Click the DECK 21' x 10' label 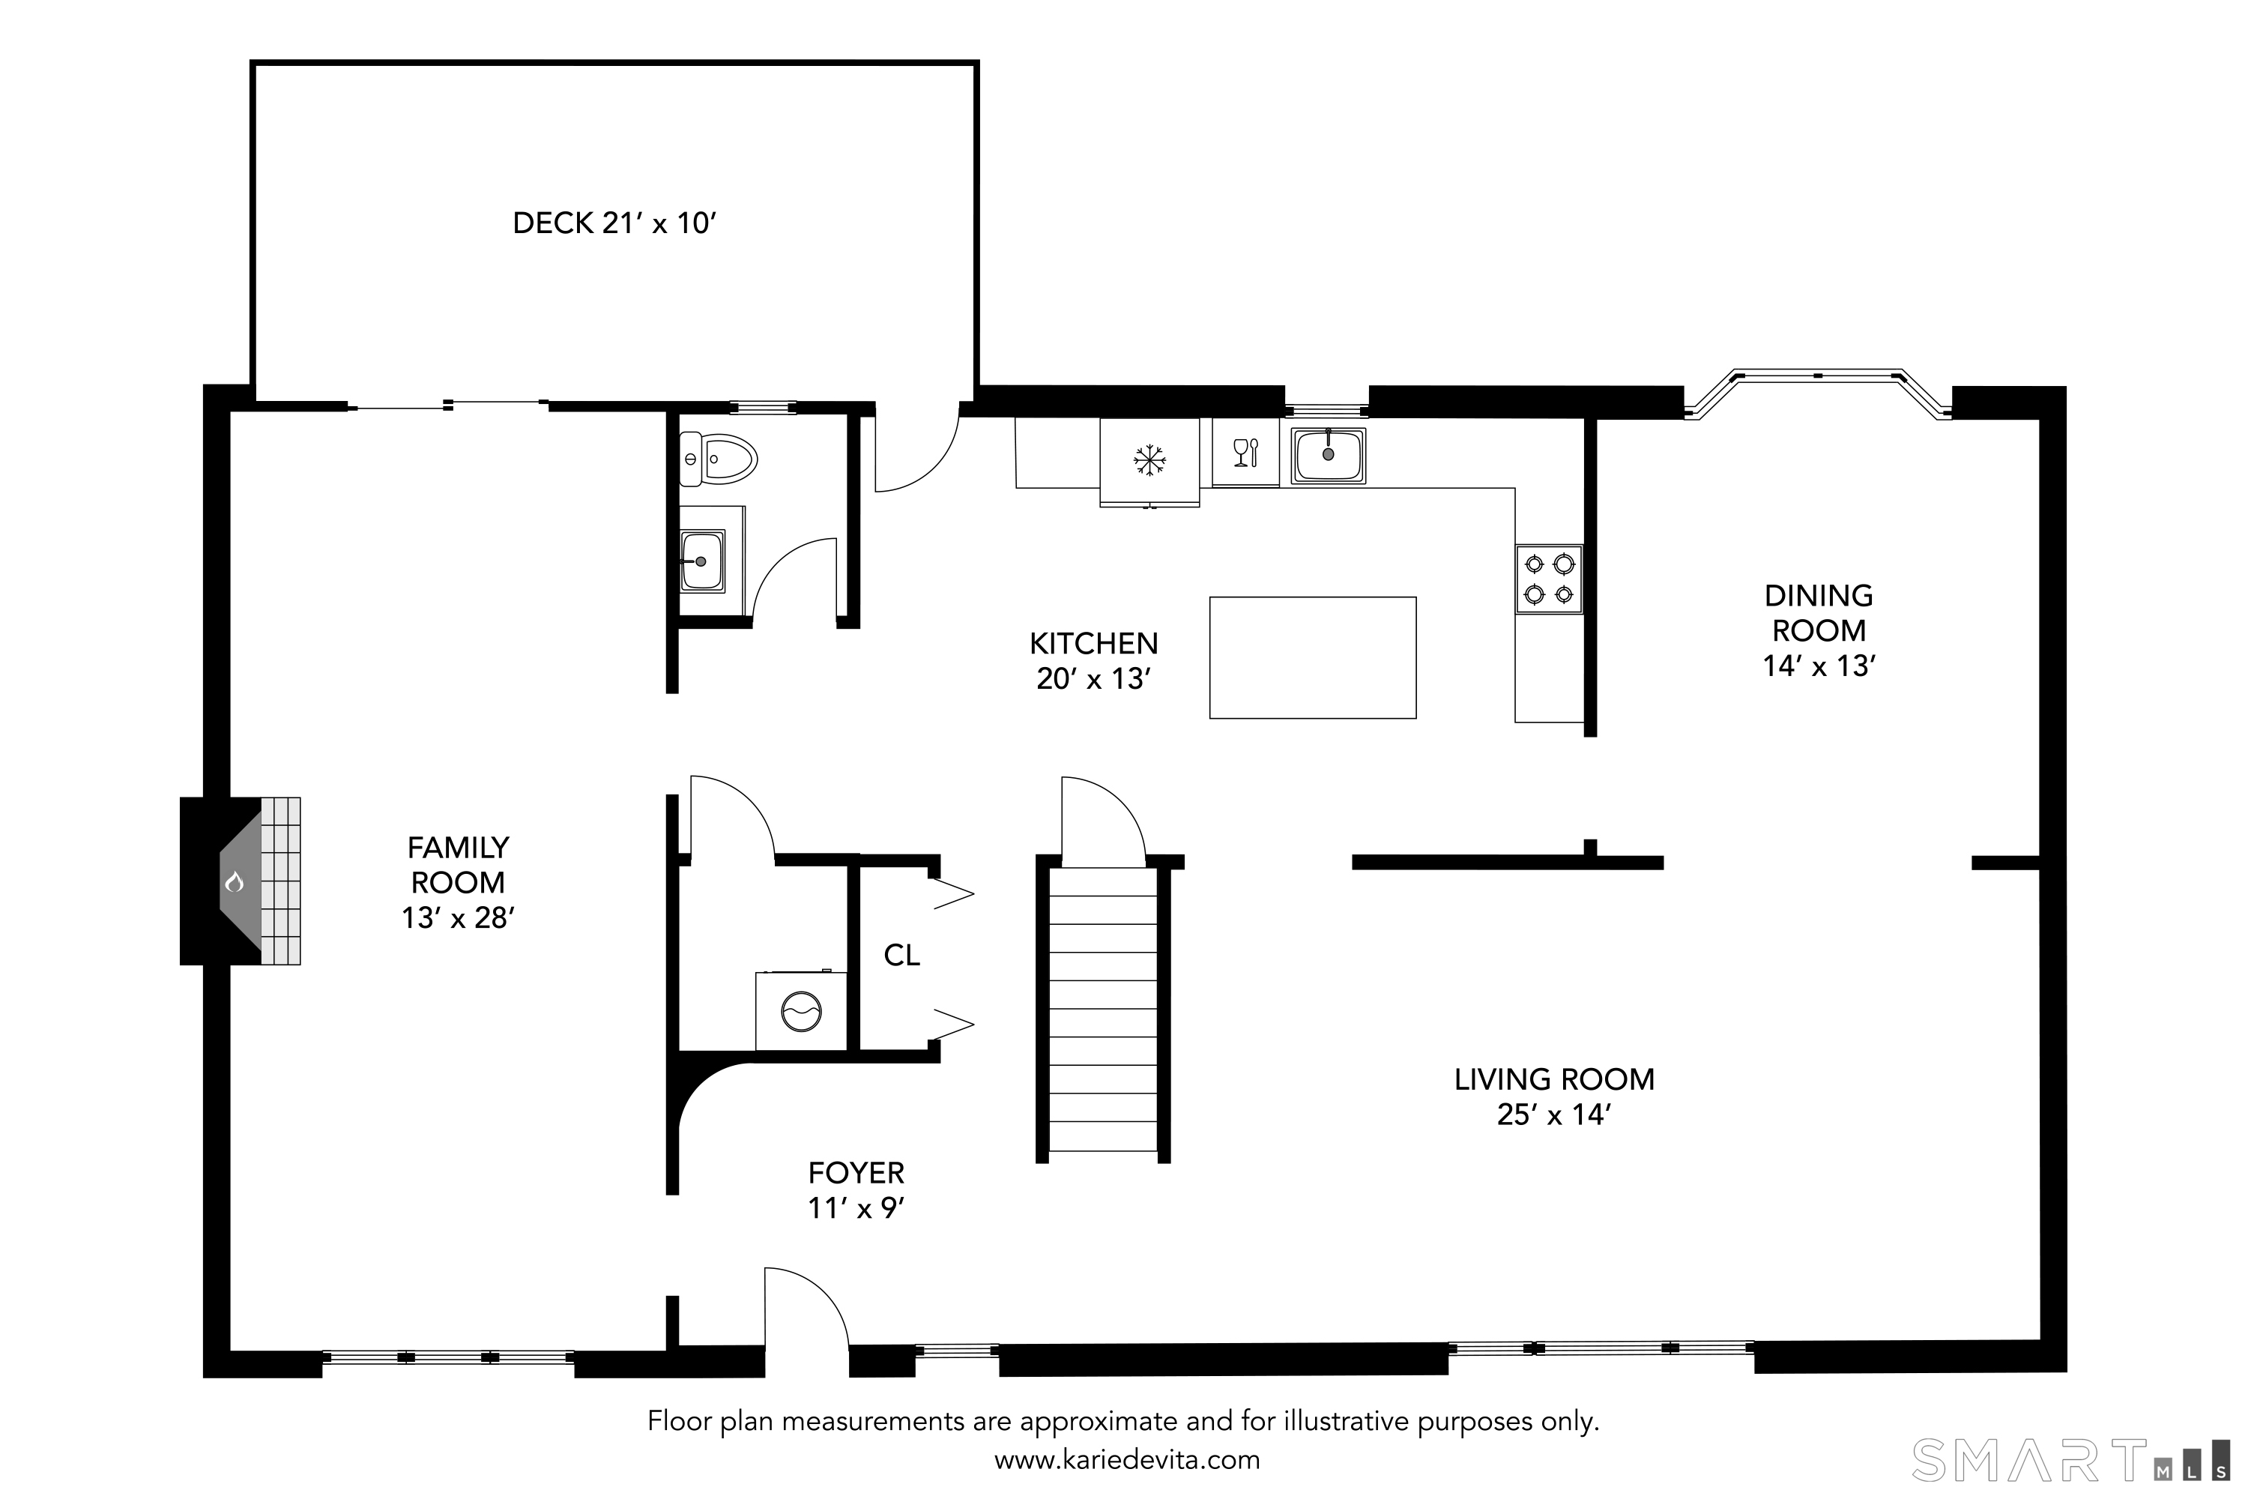(614, 223)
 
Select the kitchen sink (1328, 455)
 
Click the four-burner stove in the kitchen (1548, 579)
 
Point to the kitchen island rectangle (1312, 658)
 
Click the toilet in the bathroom (718, 459)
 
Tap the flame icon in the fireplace (234, 881)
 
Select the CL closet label (901, 955)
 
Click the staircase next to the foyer (1104, 1009)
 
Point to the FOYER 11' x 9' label (856, 1190)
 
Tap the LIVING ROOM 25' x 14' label (1554, 1097)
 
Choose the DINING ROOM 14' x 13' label (1819, 631)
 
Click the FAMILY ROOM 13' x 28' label (458, 882)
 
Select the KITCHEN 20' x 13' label (1093, 660)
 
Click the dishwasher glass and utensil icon (1246, 452)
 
